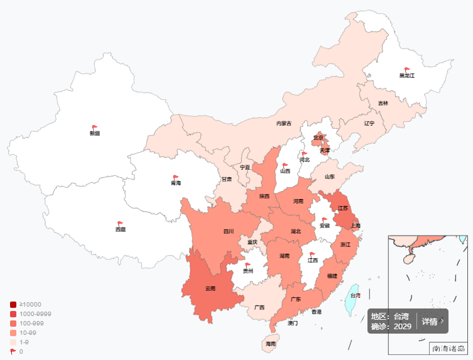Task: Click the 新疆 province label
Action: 95,133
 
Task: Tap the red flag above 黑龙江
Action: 407,70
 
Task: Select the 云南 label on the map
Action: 210,288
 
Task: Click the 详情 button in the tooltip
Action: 432,322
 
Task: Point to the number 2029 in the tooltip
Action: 403,327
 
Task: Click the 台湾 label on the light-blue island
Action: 355,295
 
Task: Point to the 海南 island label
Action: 270,344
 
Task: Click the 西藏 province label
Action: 120,229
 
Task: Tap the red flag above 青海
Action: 176,177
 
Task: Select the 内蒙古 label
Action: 284,123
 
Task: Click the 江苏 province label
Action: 343,208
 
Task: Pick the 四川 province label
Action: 229,231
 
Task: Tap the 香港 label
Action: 317,312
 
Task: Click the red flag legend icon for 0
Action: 13,351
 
